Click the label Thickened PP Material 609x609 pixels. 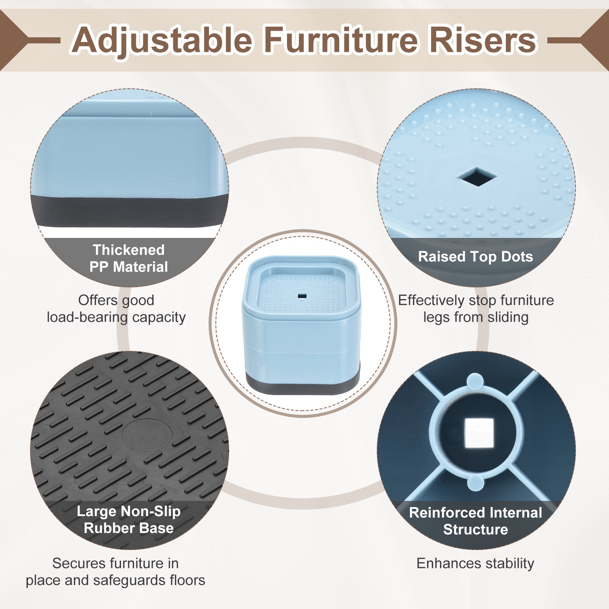click(129, 258)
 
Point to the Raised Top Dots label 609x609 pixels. click(475, 257)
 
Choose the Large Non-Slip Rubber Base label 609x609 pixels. click(129, 520)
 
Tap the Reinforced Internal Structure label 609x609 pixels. click(475, 521)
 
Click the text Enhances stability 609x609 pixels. click(475, 563)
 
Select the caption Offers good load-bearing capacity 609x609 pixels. click(116, 309)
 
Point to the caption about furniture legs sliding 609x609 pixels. click(476, 309)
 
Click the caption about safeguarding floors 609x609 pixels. click(115, 572)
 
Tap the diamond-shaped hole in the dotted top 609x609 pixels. click(477, 177)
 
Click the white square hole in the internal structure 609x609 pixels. click(479, 433)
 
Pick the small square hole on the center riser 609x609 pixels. click(302, 296)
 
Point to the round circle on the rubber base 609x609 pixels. click(147, 435)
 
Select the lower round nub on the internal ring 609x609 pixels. click(475, 482)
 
